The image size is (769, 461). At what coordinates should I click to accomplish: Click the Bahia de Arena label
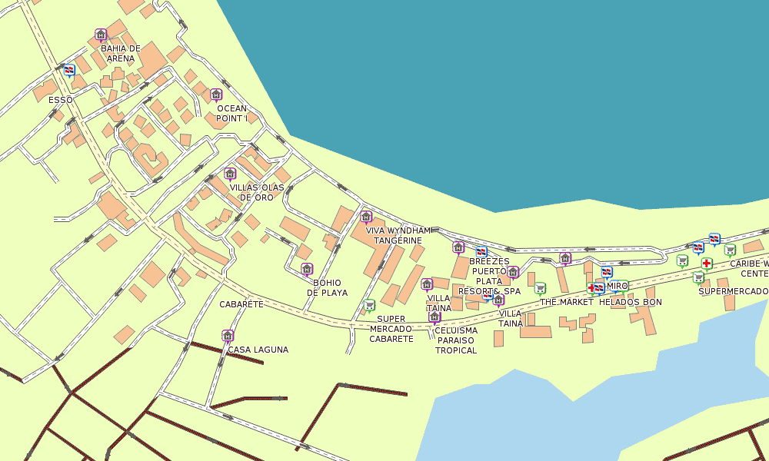click(x=121, y=53)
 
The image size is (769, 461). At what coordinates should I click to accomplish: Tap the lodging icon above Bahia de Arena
click(x=100, y=35)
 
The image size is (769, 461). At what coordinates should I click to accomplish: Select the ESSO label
click(x=60, y=100)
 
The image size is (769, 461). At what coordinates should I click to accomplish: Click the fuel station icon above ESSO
click(x=69, y=70)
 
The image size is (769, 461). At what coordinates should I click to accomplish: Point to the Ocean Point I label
click(x=231, y=114)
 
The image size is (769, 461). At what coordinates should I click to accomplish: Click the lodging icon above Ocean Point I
click(x=216, y=95)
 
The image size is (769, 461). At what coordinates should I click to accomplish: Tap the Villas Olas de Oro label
click(x=256, y=192)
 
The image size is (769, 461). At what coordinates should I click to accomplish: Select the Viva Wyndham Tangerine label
click(x=398, y=235)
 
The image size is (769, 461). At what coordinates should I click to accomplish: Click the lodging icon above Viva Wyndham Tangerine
click(x=366, y=217)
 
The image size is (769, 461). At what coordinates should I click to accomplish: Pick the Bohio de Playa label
click(x=327, y=287)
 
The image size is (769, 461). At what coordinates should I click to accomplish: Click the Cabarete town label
click(x=241, y=304)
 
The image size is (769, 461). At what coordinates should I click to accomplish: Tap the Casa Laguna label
click(x=258, y=350)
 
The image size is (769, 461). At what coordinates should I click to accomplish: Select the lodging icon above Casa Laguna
click(x=227, y=335)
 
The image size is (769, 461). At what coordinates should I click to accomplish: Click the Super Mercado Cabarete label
click(x=391, y=329)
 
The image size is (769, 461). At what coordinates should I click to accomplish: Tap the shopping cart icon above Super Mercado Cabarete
click(x=369, y=305)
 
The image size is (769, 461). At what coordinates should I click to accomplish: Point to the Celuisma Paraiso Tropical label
click(x=456, y=340)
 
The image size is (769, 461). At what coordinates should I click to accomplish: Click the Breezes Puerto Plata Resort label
click(x=489, y=276)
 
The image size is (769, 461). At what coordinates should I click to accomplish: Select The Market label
click(x=567, y=302)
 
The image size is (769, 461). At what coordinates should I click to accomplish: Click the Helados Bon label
click(x=630, y=302)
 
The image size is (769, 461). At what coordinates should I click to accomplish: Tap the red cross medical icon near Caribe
click(x=706, y=264)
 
